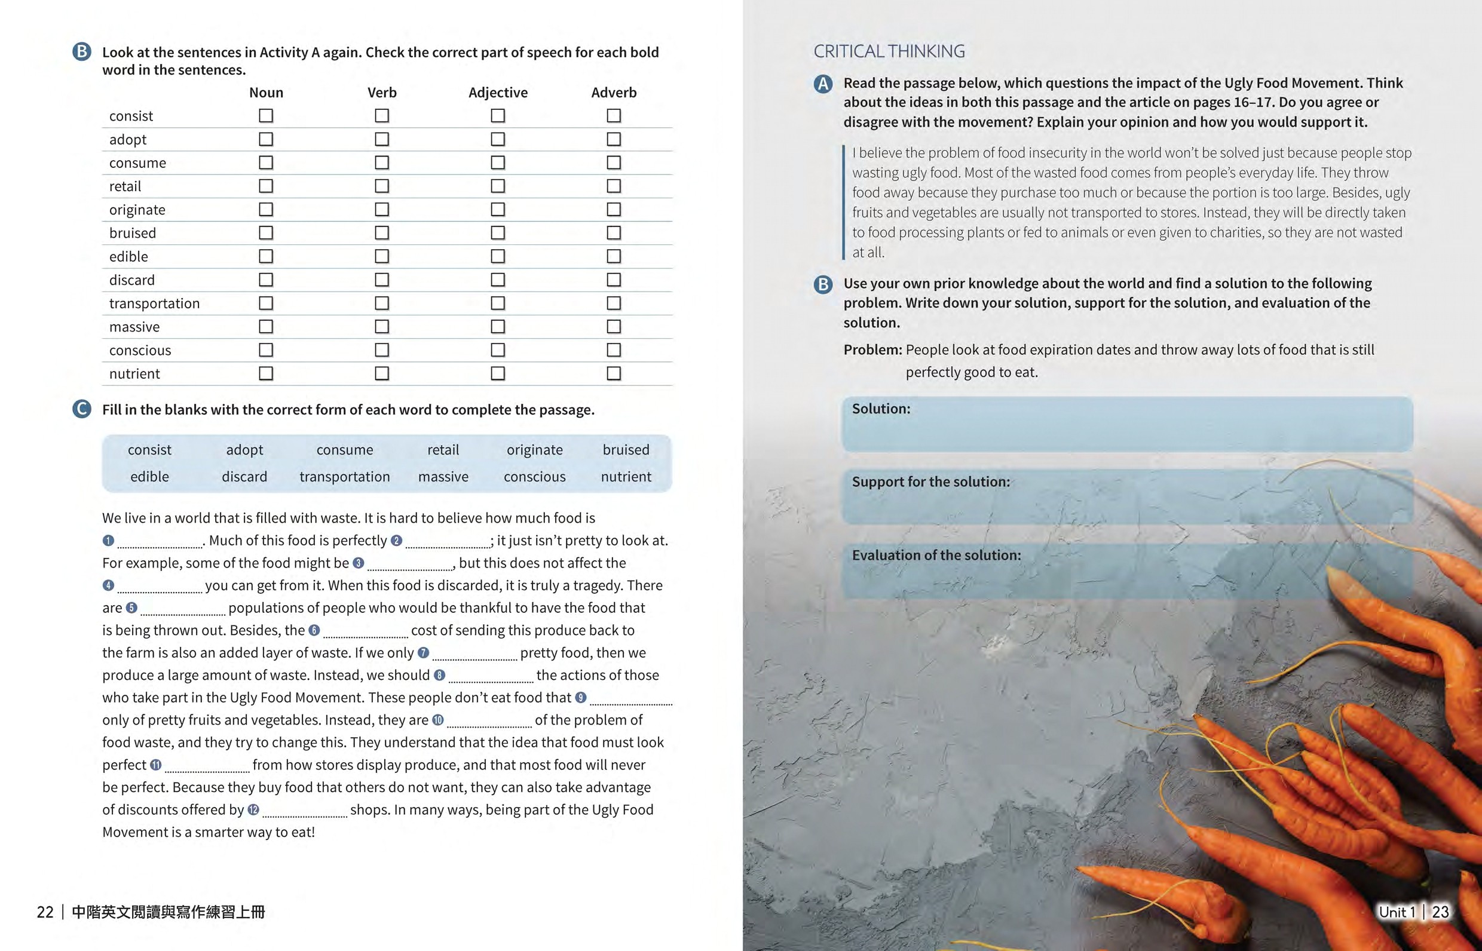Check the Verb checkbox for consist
(382, 115)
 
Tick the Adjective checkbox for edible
(497, 256)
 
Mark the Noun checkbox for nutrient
(266, 373)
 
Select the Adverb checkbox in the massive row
(614, 327)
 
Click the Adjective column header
(498, 93)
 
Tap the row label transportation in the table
(154, 303)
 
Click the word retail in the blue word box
(443, 450)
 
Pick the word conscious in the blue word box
(534, 477)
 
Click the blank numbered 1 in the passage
(160, 542)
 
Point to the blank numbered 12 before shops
(305, 811)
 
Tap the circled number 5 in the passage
(131, 608)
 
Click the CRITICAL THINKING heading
(889, 51)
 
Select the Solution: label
(881, 409)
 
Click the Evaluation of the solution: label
(936, 555)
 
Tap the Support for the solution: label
(930, 481)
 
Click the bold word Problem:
(873, 349)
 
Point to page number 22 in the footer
(45, 912)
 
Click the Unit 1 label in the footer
(1396, 912)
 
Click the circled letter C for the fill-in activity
(81, 409)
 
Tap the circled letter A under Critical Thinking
(823, 84)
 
